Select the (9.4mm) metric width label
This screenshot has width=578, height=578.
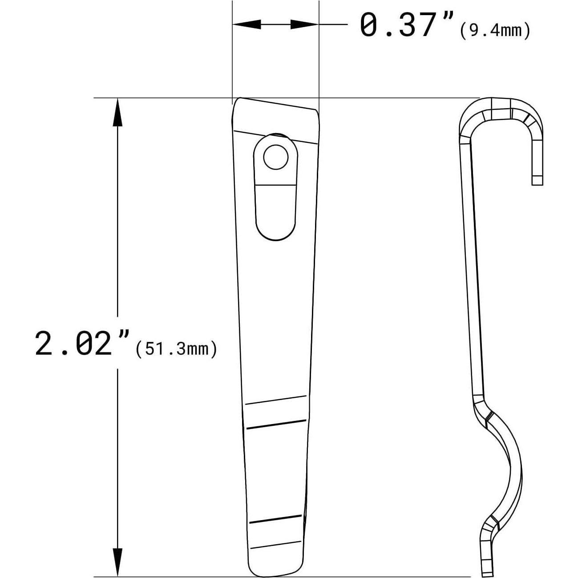(494, 31)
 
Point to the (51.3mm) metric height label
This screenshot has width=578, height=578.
(176, 349)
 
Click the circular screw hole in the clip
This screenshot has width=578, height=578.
(275, 157)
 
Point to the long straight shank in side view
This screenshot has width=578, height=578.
(472, 267)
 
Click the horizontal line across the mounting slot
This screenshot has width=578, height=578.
(275, 185)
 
